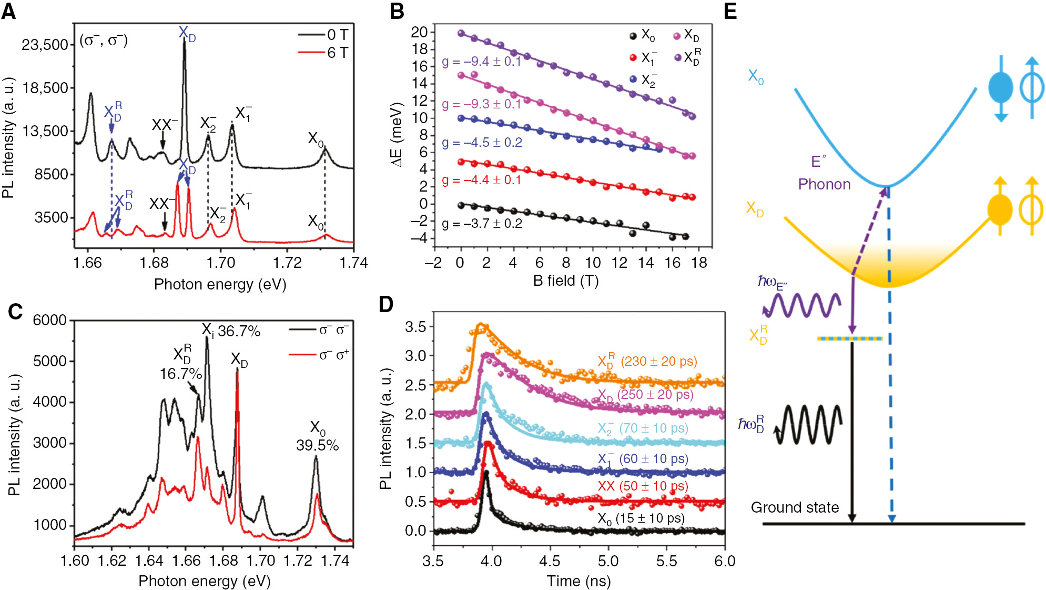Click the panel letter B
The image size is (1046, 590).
point(397,12)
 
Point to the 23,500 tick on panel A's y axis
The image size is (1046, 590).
point(45,45)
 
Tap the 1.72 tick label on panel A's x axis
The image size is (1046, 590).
point(287,263)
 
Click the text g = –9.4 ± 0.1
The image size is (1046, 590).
point(481,62)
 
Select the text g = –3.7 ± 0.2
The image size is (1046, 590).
point(482,224)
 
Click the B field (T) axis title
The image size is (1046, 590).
point(566,281)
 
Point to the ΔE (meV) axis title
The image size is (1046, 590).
point(397,135)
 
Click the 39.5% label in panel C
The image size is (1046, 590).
point(317,445)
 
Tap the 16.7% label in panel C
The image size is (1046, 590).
point(180,374)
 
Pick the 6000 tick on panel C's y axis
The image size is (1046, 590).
point(50,320)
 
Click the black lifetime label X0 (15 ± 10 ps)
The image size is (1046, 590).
point(641,518)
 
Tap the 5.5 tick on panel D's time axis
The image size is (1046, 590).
point(666,561)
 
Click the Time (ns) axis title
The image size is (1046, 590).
point(578,581)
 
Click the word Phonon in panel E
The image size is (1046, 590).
point(824,184)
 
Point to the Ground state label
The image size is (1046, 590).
point(795,507)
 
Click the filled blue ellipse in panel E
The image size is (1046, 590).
point(1000,88)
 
